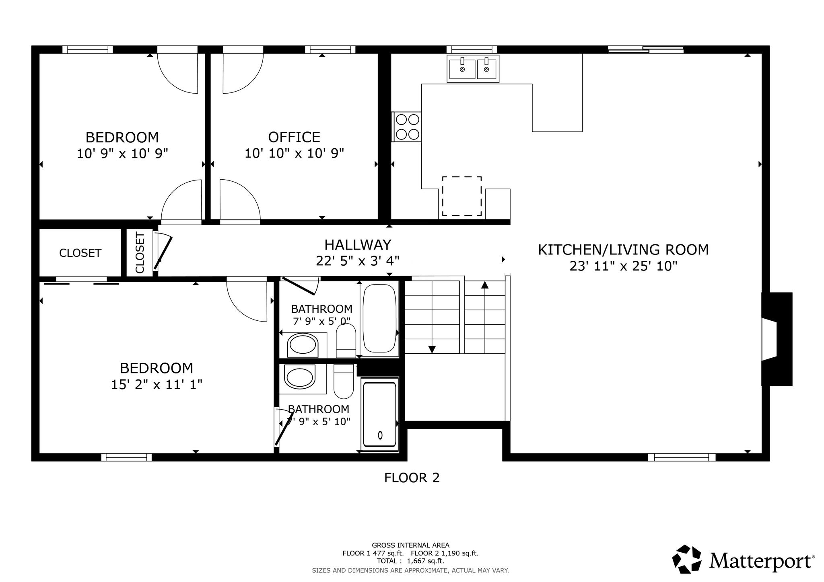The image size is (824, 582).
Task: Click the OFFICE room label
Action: click(294, 137)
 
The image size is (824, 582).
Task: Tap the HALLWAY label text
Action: click(358, 245)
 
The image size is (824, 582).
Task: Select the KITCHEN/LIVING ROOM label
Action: click(623, 250)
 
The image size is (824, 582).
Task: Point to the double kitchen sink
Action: click(473, 69)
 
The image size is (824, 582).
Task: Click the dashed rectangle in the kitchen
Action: click(462, 196)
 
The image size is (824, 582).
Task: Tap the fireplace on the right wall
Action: click(777, 339)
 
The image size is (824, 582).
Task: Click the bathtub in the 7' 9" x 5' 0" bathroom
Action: click(379, 318)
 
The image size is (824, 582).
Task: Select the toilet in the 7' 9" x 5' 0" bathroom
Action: click(346, 341)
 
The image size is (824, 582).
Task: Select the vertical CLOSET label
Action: click(140, 253)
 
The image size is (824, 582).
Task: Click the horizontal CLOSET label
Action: click(80, 253)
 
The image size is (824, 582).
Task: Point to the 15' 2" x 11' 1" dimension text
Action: click(157, 385)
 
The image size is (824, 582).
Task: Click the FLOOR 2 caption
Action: click(412, 477)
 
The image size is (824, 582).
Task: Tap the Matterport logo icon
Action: click(688, 559)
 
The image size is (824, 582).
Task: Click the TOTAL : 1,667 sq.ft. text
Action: click(410, 561)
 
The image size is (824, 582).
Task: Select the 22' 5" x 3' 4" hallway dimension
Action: click(358, 261)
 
